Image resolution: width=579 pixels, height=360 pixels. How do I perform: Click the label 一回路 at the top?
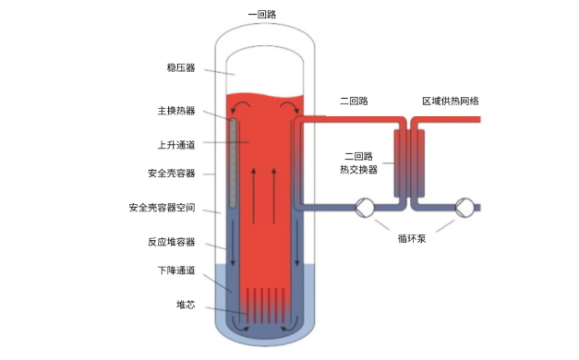[263, 15]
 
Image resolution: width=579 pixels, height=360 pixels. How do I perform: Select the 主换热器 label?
[176, 111]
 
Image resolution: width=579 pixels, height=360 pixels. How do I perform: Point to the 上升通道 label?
[176, 144]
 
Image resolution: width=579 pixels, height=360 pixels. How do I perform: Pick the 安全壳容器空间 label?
[164, 207]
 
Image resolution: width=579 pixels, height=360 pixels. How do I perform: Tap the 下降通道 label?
[176, 271]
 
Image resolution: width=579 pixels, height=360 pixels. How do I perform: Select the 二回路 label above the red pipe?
[354, 102]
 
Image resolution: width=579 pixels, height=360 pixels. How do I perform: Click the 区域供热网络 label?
[450, 102]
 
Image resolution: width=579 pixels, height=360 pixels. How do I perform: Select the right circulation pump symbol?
[464, 208]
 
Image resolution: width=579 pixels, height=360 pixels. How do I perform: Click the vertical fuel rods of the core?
[263, 304]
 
